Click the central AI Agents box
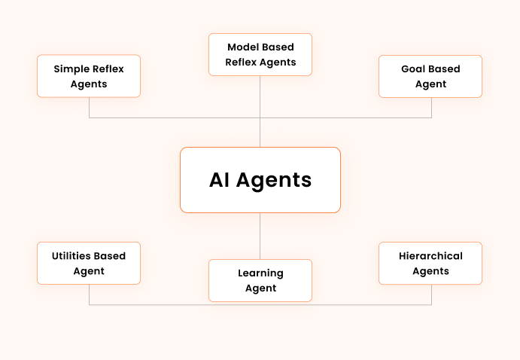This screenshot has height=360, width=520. click(x=260, y=180)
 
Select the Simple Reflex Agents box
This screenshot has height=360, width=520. click(x=89, y=76)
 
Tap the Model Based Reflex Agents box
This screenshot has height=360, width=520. click(x=260, y=54)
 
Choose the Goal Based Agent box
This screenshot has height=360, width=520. click(x=430, y=76)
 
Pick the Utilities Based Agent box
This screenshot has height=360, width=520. click(x=89, y=263)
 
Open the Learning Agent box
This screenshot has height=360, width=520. click(x=260, y=280)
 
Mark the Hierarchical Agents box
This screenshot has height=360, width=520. click(x=430, y=263)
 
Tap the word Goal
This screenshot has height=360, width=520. click(x=413, y=69)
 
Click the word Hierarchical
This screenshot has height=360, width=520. click(x=430, y=255)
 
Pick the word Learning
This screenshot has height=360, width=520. click(x=260, y=273)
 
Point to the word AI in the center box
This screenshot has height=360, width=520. click(x=220, y=180)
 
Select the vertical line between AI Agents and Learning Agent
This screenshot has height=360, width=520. click(x=260, y=236)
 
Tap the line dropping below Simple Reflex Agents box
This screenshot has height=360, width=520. click(x=89, y=108)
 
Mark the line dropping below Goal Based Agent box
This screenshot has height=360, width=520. click(x=431, y=108)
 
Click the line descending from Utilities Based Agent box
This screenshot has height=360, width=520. click(x=89, y=294)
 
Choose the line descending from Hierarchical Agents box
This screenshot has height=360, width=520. click(x=431, y=294)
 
